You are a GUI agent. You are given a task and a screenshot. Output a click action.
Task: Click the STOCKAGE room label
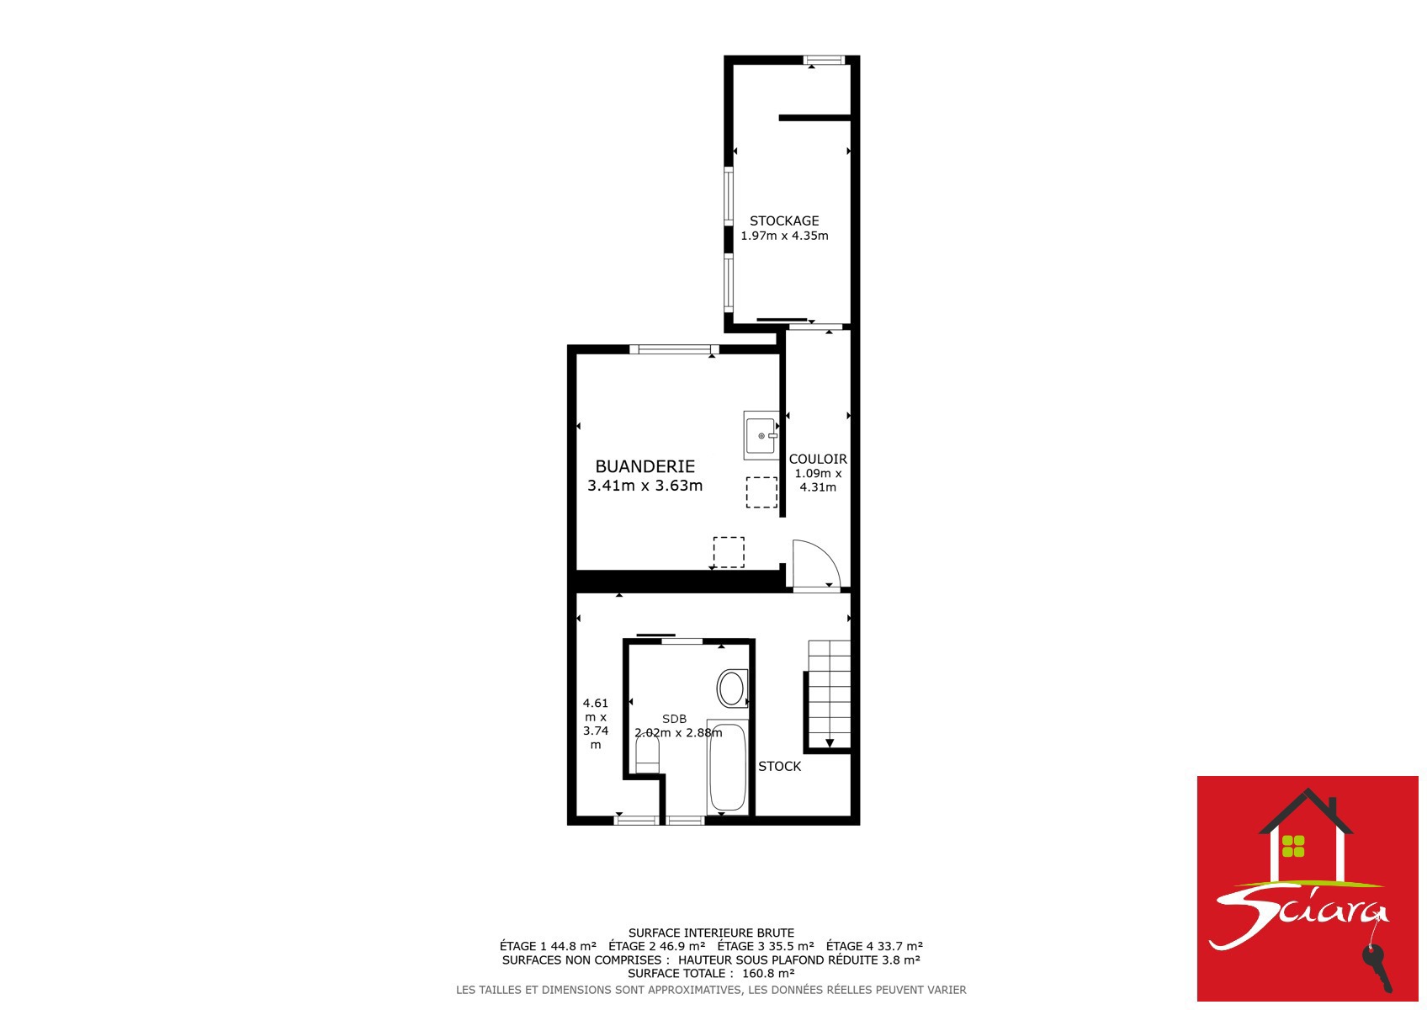[784, 221]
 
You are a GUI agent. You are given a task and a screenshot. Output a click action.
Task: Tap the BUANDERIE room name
[645, 466]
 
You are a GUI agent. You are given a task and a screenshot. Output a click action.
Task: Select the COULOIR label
[818, 459]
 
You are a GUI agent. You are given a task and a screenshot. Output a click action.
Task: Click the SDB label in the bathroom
[674, 719]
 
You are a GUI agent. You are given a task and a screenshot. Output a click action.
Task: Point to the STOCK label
[780, 767]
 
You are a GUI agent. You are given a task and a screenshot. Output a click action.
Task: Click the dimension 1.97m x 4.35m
[784, 236]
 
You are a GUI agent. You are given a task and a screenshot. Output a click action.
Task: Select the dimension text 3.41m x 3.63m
[645, 486]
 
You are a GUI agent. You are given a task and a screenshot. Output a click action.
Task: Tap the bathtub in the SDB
[728, 768]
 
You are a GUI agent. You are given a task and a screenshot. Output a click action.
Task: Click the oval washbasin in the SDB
[732, 688]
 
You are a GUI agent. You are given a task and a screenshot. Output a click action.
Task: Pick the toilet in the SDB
[647, 756]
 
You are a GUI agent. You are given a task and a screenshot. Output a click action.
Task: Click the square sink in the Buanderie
[761, 436]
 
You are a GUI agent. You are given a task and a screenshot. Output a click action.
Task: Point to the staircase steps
[829, 694]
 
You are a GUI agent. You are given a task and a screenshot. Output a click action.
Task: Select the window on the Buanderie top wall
[675, 349]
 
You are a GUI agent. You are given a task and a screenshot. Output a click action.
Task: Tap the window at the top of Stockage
[824, 61]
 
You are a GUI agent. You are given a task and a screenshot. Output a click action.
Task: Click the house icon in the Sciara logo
[1306, 835]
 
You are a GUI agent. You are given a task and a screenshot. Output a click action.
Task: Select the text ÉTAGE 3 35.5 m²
[766, 946]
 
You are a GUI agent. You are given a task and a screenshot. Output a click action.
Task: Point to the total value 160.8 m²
[768, 973]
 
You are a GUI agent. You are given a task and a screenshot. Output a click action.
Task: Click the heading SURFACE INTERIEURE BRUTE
[712, 933]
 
